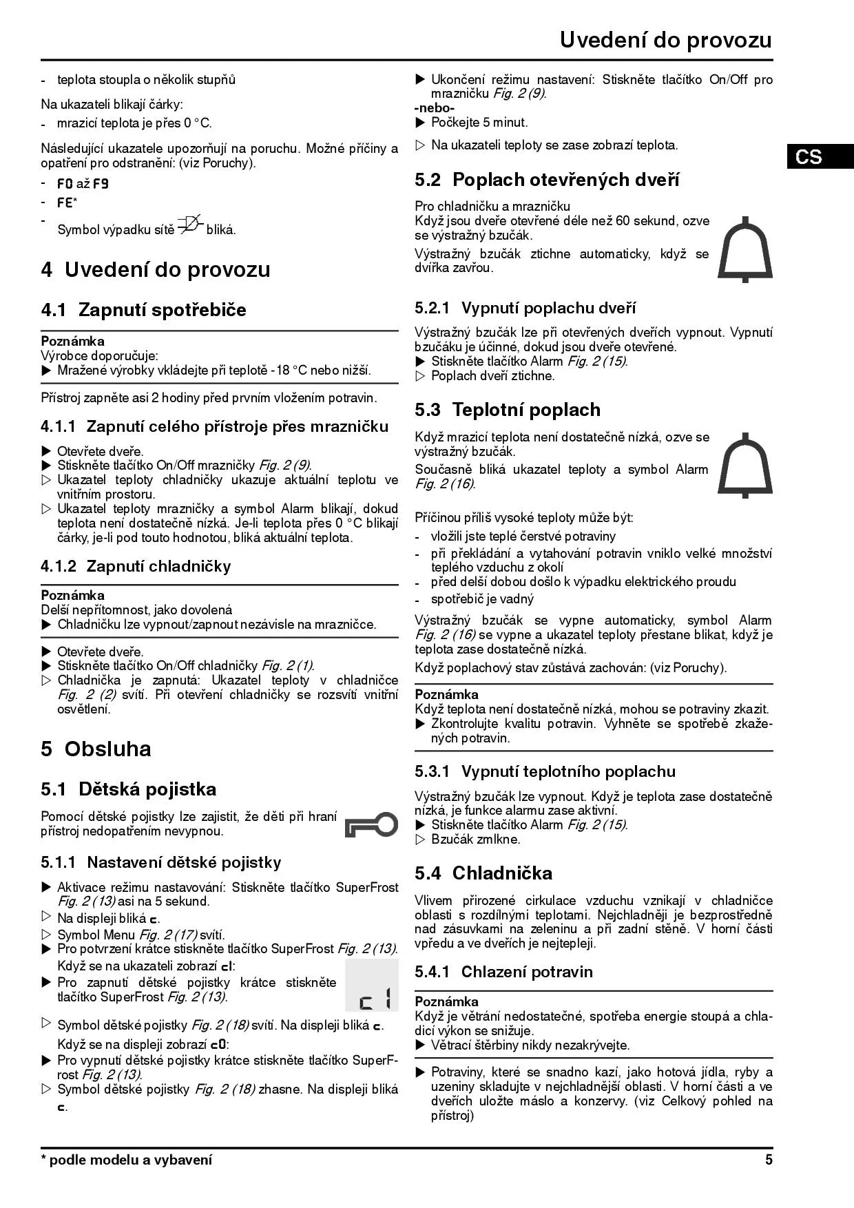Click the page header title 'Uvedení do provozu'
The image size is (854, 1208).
[665, 40]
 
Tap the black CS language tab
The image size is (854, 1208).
[810, 157]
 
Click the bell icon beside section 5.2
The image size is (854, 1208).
[745, 249]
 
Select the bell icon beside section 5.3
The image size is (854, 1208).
[745, 464]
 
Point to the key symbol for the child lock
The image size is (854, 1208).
[371, 824]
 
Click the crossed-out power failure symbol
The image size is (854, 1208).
[190, 225]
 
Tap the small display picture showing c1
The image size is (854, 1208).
[372, 986]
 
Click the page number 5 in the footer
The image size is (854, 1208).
[769, 1160]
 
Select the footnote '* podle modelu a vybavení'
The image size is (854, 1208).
[127, 1160]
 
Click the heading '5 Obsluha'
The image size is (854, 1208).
[96, 749]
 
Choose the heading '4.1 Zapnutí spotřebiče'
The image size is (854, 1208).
[143, 310]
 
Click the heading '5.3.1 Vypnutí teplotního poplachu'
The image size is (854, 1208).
[545, 771]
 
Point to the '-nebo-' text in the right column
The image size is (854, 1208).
[435, 108]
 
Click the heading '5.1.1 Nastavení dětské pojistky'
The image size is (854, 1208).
[161, 862]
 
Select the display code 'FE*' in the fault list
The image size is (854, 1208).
[67, 203]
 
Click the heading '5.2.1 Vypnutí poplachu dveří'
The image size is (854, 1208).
[525, 308]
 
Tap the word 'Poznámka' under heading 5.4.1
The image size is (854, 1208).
[446, 1001]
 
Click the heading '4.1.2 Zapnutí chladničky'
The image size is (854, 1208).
[136, 566]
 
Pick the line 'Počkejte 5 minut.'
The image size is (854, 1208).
[479, 123]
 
